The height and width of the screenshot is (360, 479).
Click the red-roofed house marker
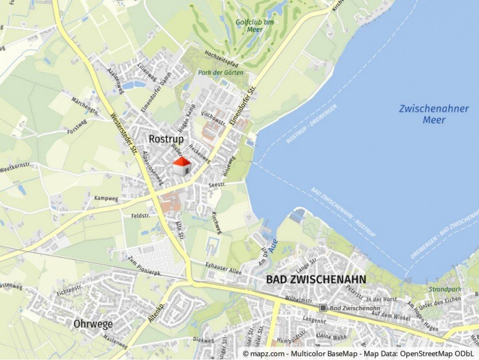point(181,166)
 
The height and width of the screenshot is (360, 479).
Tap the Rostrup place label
point(166,139)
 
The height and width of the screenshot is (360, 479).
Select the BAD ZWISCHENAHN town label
point(316,279)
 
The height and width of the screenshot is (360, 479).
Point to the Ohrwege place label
point(93,324)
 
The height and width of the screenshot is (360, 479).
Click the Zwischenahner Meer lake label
point(434,114)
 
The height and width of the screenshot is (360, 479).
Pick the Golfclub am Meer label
point(255,26)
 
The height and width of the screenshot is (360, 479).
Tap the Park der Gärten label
point(221,72)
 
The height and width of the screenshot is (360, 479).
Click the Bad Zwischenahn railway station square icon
point(323,308)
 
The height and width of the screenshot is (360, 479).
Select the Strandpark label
point(445,289)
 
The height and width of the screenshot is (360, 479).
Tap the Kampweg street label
point(106,198)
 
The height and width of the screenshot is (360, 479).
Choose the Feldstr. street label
point(141,215)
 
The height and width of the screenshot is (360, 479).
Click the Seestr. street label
point(217,185)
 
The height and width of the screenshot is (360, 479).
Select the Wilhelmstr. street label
point(299,300)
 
